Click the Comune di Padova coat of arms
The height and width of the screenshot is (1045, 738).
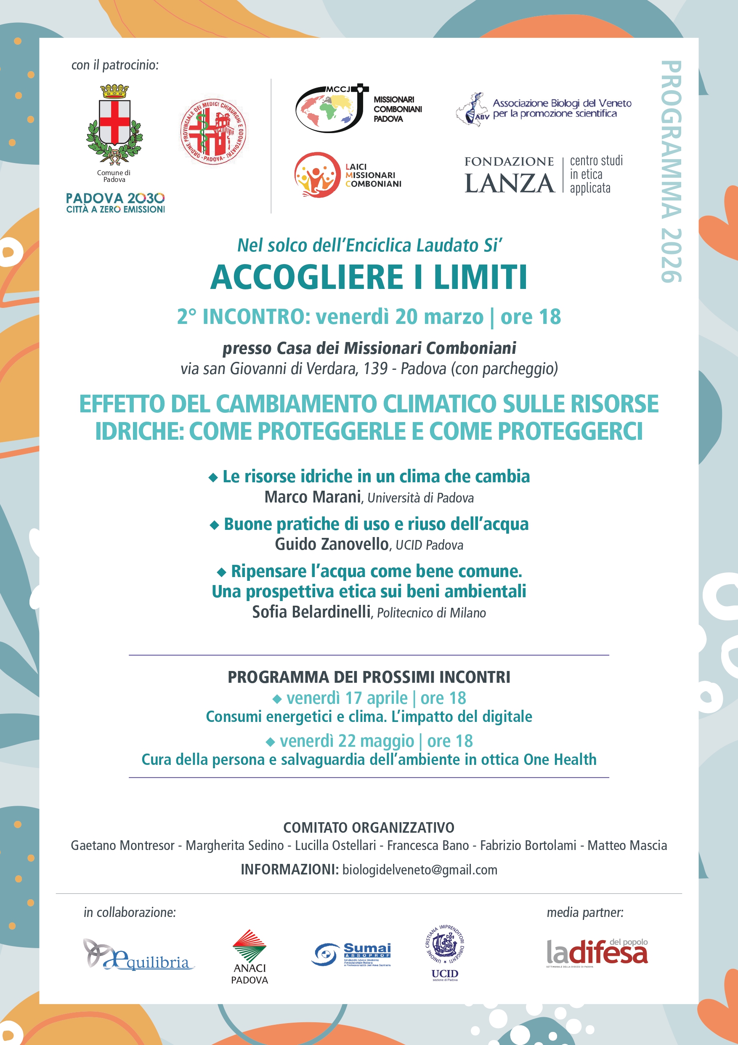114,124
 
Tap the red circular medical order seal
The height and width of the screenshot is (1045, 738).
213,132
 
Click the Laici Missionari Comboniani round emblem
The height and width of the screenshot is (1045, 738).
317,175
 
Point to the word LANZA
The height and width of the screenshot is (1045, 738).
509,183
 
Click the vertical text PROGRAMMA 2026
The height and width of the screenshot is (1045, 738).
671,171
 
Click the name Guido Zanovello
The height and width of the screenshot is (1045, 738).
332,544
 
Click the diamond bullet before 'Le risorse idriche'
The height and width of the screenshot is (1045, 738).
213,478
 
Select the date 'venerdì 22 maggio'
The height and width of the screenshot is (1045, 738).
347,741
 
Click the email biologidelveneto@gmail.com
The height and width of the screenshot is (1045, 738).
419,870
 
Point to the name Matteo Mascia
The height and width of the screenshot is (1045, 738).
627,845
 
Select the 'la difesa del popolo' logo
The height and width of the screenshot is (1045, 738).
597,953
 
